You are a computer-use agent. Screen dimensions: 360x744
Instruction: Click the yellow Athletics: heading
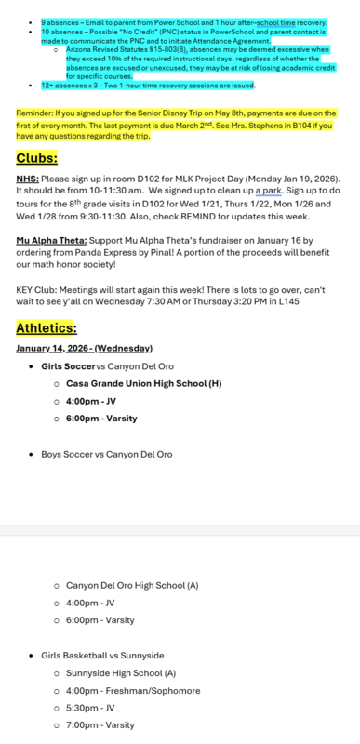click(x=47, y=327)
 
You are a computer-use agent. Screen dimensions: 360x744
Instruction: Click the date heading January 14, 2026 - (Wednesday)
click(x=84, y=349)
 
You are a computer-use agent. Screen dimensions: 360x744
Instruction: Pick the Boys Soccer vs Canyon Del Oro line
click(x=107, y=455)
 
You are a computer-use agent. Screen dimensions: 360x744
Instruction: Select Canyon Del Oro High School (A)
click(x=132, y=586)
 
